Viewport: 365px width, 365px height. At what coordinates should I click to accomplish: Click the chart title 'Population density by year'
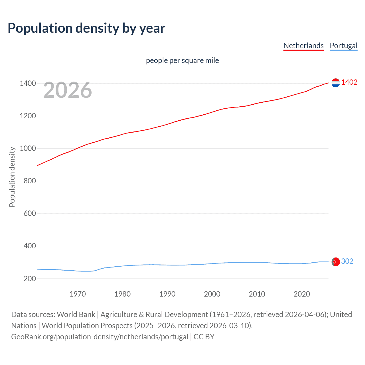point(86,28)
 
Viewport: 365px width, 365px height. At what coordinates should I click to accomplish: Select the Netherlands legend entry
point(303,46)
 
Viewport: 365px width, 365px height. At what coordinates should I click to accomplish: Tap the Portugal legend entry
point(343,46)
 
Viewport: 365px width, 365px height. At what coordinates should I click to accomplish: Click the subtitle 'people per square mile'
point(182,61)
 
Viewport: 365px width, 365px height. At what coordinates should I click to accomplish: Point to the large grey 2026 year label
point(68,90)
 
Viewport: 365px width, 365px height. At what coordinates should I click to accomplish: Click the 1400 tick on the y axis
point(28,84)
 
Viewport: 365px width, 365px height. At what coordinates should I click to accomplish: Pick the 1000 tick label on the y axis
point(28,149)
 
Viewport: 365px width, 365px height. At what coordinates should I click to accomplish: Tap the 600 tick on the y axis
point(30,214)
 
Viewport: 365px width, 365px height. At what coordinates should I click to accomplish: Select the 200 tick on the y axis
point(30,279)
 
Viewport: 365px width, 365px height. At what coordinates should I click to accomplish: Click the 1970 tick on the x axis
point(78,294)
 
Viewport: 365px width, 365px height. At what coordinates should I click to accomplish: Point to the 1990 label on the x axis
point(167,294)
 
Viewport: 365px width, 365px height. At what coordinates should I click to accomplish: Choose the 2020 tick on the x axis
point(302,294)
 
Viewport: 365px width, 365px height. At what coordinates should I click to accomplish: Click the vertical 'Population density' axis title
point(12,177)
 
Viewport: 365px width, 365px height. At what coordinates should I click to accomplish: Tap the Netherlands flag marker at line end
point(336,83)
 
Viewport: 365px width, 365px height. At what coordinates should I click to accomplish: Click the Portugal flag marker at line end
point(336,261)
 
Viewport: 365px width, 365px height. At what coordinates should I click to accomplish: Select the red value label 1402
point(349,82)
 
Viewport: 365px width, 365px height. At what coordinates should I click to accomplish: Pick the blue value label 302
point(347,261)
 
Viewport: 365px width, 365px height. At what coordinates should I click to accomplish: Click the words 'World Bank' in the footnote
point(76,315)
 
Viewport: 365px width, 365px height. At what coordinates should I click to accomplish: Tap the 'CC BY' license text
point(204,337)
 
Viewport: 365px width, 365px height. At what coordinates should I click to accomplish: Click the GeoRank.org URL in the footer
point(100,337)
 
